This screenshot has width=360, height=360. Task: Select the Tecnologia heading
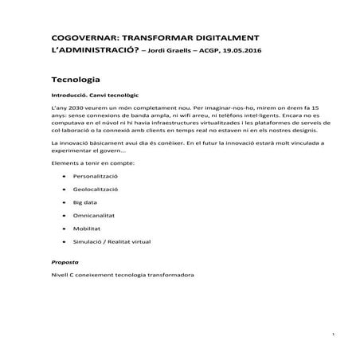point(75,80)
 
